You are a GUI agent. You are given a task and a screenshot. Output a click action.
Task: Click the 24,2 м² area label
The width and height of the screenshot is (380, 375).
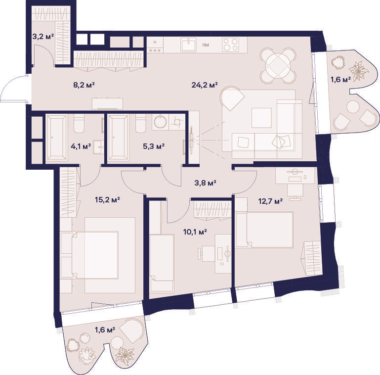[205, 85]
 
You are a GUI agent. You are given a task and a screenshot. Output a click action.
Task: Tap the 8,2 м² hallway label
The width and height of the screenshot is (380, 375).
[84, 85]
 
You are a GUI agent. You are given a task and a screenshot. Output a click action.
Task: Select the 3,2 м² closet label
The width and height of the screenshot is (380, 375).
[43, 37]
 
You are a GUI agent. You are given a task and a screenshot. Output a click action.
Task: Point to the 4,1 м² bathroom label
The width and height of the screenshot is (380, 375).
[81, 146]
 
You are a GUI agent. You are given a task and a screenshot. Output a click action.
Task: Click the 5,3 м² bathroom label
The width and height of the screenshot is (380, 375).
[154, 146]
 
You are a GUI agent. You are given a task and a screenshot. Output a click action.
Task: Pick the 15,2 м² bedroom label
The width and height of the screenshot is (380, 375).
[107, 200]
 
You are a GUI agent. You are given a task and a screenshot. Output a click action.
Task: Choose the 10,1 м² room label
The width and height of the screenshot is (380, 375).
[195, 232]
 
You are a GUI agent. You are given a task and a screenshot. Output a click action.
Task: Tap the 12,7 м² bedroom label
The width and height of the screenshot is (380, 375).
[270, 201]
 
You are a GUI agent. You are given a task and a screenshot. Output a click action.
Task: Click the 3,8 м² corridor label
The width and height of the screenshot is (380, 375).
[205, 183]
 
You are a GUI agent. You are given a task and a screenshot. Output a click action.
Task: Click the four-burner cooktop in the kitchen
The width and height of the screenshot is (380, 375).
[230, 45]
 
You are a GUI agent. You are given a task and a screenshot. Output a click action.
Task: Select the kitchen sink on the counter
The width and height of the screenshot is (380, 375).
[189, 45]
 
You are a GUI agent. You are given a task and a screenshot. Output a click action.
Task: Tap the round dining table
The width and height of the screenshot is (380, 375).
[278, 66]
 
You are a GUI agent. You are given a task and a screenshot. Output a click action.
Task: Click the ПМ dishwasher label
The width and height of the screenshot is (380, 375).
[206, 45]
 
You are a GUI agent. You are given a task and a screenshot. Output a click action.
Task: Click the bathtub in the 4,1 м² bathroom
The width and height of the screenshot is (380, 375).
[56, 138]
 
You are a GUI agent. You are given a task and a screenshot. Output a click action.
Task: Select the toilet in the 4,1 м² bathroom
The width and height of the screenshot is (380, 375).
[79, 124]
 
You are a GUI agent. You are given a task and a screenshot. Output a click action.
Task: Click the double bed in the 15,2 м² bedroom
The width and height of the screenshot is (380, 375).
[95, 255]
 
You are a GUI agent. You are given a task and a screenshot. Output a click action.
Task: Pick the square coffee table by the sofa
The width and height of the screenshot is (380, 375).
[261, 118]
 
